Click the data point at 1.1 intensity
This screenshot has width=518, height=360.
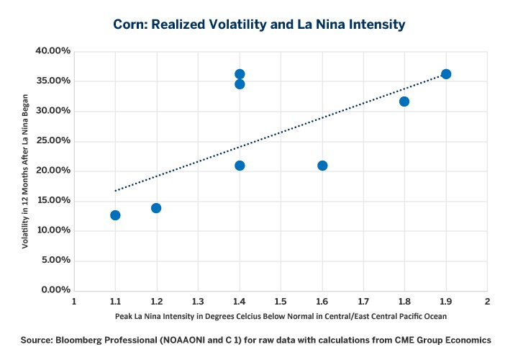[115, 215]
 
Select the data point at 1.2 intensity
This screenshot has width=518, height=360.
[156, 208]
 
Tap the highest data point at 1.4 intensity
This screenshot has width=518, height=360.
[240, 74]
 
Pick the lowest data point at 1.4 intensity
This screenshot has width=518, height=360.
[240, 166]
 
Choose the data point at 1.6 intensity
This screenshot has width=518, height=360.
[322, 166]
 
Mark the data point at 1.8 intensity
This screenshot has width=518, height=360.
[404, 102]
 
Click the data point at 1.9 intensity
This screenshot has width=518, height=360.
[446, 74]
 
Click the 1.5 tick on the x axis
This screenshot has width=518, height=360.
[281, 300]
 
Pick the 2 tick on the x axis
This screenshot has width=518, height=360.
[487, 300]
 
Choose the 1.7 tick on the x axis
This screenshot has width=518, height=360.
[363, 300]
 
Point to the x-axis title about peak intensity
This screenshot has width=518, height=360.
[281, 317]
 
